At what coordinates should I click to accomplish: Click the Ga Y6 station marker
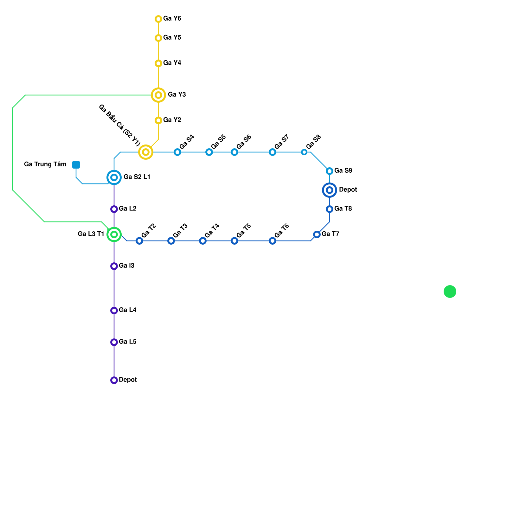point(158,19)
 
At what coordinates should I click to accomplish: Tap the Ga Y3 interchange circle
point(158,95)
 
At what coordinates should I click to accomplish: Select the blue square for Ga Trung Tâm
point(76,165)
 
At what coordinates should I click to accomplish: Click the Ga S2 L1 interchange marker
point(114,177)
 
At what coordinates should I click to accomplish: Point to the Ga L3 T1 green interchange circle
point(114,234)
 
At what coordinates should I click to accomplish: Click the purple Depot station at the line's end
point(114,380)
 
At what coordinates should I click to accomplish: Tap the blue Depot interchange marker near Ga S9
point(330,190)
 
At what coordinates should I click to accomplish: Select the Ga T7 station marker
point(317,234)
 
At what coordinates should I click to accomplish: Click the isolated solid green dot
point(450,292)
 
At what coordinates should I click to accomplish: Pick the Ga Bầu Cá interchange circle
point(146,152)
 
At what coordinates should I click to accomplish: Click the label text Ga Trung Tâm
point(45,164)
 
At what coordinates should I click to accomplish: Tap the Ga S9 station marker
point(330,171)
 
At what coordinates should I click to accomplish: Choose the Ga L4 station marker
point(114,311)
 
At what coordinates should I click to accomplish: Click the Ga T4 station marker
point(203,241)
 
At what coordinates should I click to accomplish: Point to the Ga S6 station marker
point(234,152)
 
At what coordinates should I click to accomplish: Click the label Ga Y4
point(172,63)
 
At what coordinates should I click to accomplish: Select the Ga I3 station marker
point(114,266)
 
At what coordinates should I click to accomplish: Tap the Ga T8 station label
point(343,209)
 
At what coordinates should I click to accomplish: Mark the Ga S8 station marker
point(304,152)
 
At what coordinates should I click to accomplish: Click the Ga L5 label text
point(128,342)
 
